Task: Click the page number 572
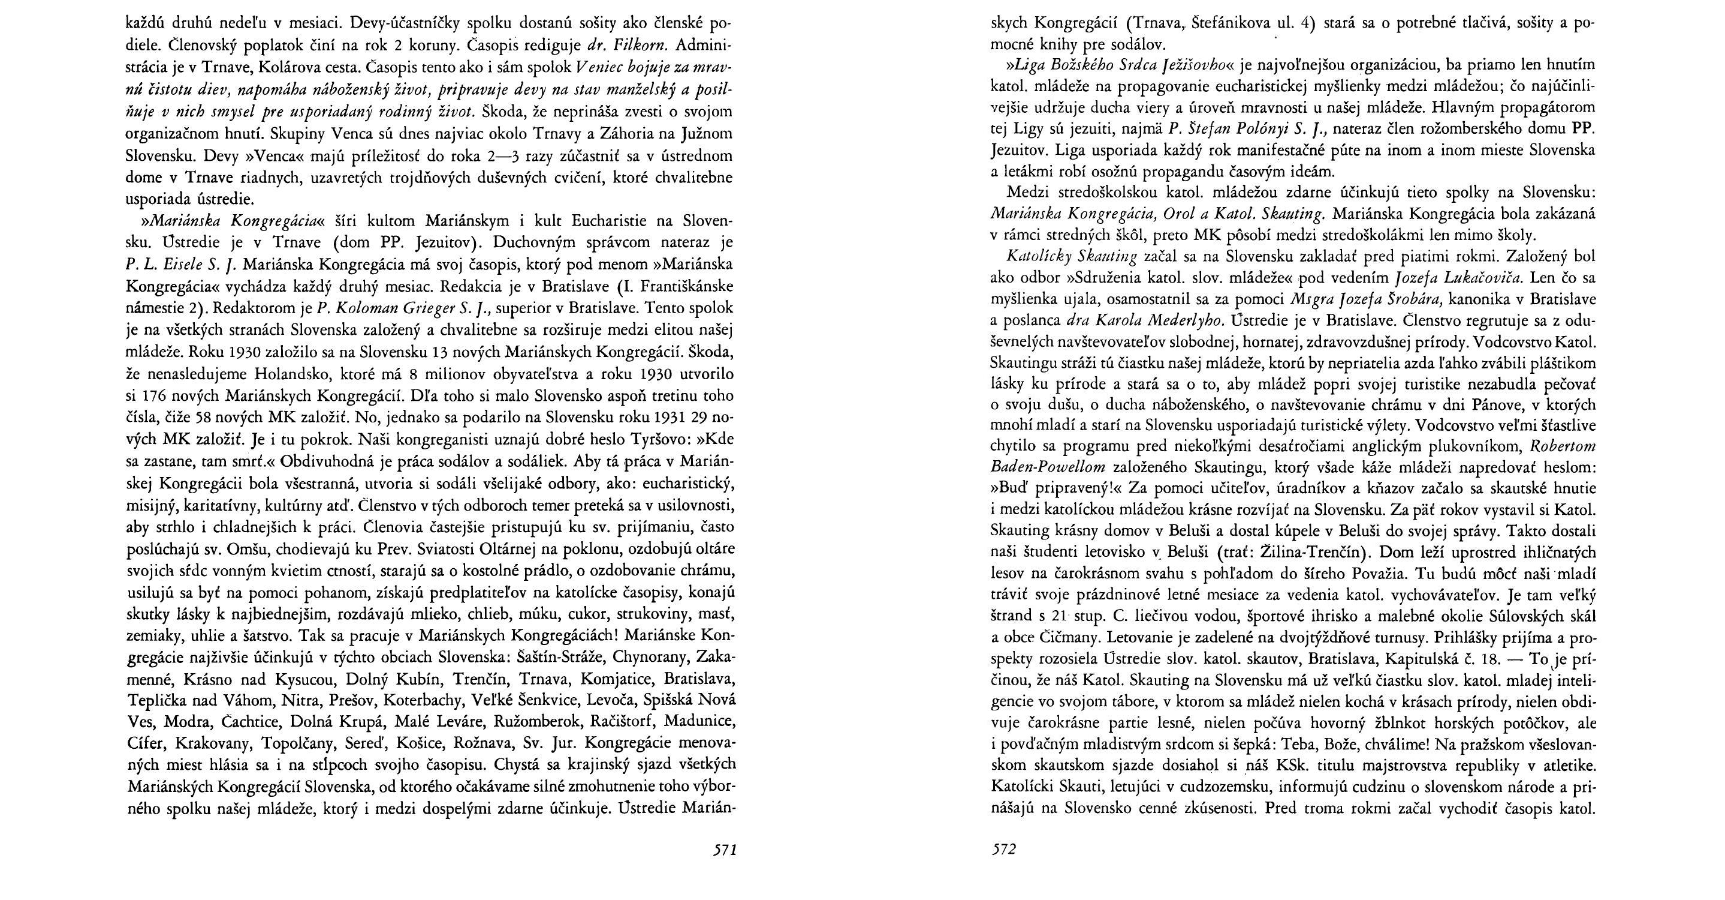click(1003, 850)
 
